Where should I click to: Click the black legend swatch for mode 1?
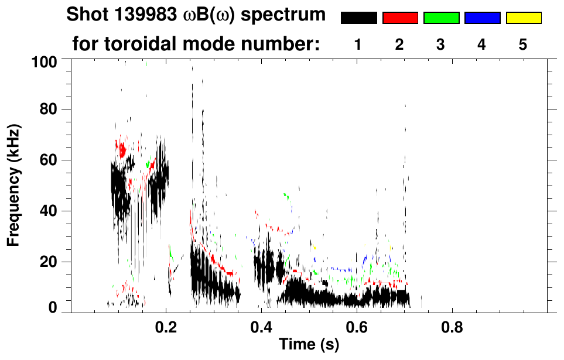(358, 18)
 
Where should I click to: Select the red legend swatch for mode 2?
(400, 18)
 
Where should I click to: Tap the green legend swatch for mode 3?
(441, 18)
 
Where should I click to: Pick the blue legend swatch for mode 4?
(482, 18)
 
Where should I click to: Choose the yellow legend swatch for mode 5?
(524, 18)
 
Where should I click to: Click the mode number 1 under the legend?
(358, 44)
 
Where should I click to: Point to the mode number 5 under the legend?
(523, 44)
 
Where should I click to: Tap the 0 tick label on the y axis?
(53, 307)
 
